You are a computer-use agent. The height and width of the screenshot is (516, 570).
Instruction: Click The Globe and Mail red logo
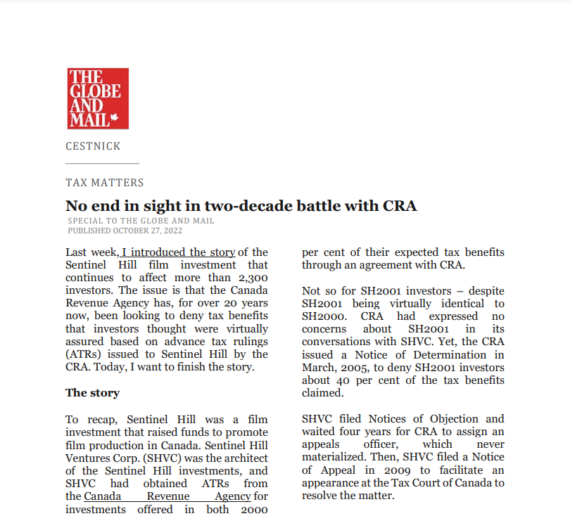[98, 98]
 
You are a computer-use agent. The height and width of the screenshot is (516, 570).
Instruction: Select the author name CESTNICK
[93, 146]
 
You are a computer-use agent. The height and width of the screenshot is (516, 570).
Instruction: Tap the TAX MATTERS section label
[104, 183]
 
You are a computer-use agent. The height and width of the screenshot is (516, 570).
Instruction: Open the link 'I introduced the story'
[179, 252]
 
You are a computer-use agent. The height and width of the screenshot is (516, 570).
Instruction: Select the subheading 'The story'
[92, 393]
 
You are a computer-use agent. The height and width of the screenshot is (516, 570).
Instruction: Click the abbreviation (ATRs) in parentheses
[85, 354]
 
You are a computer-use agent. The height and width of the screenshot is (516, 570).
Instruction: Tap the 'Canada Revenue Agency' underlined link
[167, 496]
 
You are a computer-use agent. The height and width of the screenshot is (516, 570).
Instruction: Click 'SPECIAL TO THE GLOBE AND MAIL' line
[141, 221]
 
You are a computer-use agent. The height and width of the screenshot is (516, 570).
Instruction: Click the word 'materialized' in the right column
[334, 458]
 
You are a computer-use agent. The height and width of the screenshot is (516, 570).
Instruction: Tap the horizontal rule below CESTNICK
[102, 164]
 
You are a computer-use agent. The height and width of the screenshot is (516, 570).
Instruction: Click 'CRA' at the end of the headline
[400, 206]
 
